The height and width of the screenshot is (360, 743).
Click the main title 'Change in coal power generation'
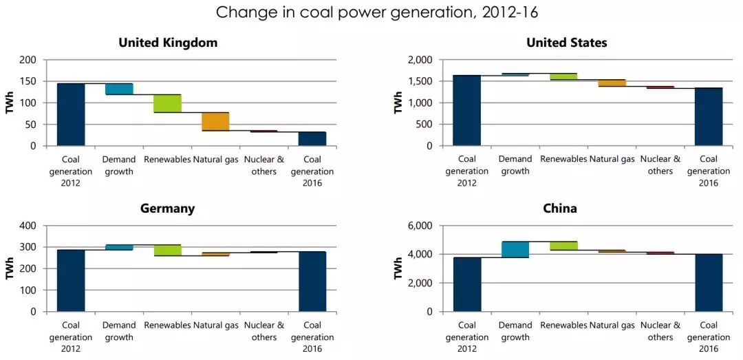click(x=371, y=12)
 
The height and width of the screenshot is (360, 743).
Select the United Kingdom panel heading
click(x=168, y=43)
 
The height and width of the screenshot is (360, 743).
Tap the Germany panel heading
click(x=168, y=209)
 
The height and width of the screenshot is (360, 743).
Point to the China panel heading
click(x=560, y=209)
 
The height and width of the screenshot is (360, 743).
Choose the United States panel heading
click(x=566, y=43)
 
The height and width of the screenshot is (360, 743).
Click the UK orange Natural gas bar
click(x=215, y=121)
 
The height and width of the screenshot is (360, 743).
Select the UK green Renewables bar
click(x=167, y=103)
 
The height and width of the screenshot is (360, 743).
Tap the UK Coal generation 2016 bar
click(x=312, y=138)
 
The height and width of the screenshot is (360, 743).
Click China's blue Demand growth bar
click(x=515, y=249)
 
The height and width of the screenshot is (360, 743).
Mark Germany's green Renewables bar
click(x=167, y=250)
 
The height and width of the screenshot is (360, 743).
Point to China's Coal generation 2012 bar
click(x=467, y=284)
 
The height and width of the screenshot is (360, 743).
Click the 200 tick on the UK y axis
click(x=28, y=61)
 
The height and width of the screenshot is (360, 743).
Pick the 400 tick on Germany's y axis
click(x=28, y=226)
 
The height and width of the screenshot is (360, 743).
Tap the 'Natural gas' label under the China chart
click(x=612, y=325)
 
